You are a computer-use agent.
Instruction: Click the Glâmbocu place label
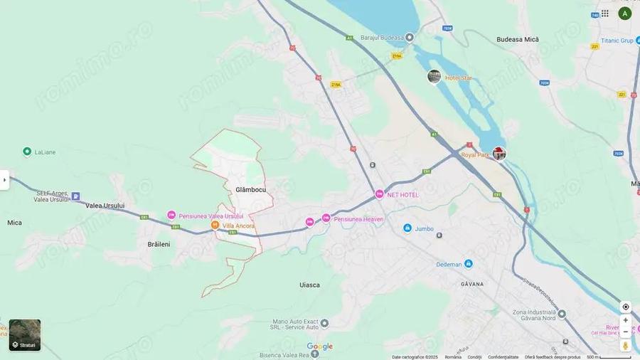point(250,190)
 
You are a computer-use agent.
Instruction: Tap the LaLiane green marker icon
point(27,152)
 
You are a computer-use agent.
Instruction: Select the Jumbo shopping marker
point(407,228)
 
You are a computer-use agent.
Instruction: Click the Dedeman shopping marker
point(469,264)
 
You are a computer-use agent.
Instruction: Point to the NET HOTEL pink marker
point(380,194)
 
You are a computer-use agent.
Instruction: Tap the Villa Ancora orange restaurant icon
point(215,226)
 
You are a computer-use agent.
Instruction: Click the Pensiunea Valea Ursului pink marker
point(171,216)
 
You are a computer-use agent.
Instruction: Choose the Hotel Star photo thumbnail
point(434,76)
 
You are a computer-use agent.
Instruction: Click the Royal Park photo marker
point(500,154)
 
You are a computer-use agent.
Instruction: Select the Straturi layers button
point(25,335)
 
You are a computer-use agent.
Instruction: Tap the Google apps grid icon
point(604,14)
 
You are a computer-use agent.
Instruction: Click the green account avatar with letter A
point(625,14)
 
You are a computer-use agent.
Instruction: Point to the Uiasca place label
point(309,285)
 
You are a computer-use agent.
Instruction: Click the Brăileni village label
point(159,244)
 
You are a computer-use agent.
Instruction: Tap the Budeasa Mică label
point(518,39)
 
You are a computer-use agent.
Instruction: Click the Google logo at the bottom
point(319,346)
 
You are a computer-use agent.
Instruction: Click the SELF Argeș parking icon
point(75,196)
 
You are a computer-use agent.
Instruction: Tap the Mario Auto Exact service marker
point(324,324)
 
